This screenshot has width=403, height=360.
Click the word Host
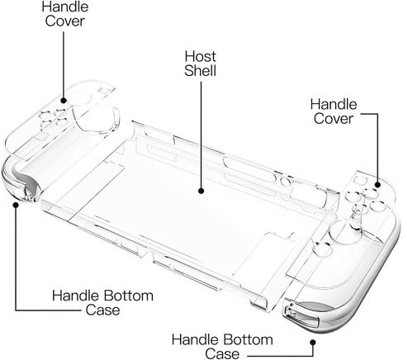click(x=200, y=56)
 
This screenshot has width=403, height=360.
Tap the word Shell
click(x=200, y=71)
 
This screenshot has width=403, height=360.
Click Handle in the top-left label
click(x=65, y=7)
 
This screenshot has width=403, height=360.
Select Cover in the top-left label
click(x=65, y=21)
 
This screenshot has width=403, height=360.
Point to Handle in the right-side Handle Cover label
click(x=334, y=104)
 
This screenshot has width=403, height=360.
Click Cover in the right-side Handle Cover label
click(x=334, y=119)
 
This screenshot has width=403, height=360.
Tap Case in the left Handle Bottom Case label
click(x=102, y=310)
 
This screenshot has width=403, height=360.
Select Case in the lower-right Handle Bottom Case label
click(x=222, y=354)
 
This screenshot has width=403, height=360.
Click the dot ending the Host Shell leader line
click(x=201, y=191)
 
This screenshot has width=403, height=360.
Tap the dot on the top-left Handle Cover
click(x=64, y=101)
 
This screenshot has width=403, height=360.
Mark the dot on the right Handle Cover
click(x=377, y=184)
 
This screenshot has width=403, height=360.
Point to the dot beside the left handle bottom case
click(x=16, y=205)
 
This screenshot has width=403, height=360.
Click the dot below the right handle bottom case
click(x=313, y=343)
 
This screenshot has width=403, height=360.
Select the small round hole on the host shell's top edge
click(x=285, y=182)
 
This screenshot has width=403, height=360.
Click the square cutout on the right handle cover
click(x=359, y=180)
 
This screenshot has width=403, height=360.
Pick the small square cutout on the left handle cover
click(x=105, y=91)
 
